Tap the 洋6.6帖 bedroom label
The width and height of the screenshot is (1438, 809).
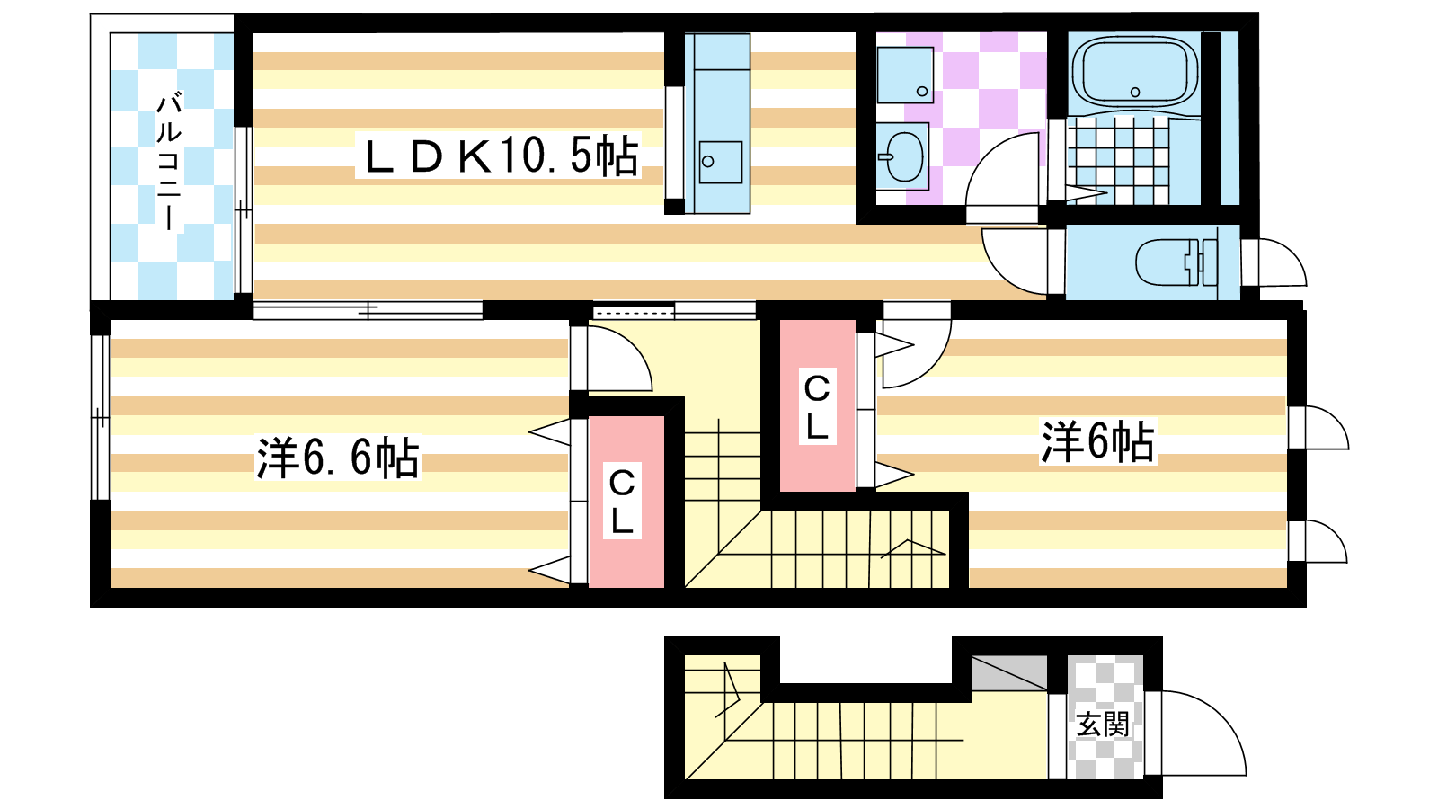(x=338, y=458)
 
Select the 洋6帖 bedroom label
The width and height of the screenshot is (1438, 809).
(x=1097, y=441)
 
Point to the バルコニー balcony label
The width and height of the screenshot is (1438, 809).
(x=169, y=161)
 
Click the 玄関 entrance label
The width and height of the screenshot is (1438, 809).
(x=1102, y=725)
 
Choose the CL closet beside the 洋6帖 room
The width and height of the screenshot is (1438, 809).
(x=817, y=405)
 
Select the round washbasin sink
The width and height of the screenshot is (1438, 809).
(x=903, y=156)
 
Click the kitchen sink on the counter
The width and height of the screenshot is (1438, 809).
(x=720, y=162)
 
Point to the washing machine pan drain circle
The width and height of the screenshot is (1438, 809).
(x=922, y=91)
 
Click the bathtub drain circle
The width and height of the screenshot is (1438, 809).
(x=1134, y=93)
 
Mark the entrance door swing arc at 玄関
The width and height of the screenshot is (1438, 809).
(x=1223, y=716)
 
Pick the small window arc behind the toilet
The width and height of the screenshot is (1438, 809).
(x=1292, y=253)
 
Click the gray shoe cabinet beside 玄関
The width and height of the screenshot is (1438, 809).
(x=1008, y=673)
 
